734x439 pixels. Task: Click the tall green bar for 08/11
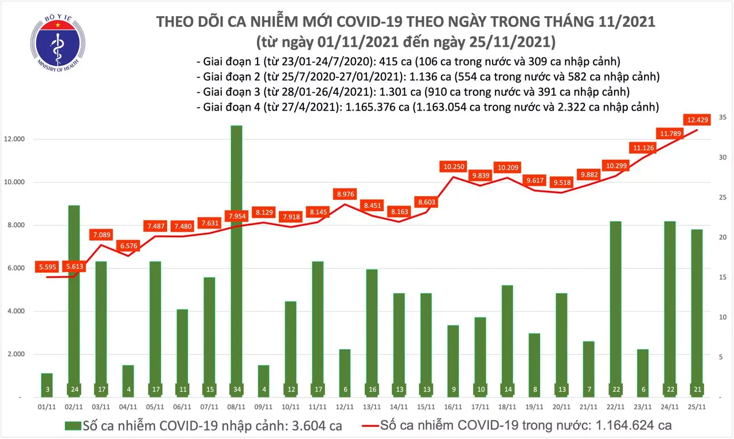point(236,258)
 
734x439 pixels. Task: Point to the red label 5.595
point(48,266)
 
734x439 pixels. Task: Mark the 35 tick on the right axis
point(723,117)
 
